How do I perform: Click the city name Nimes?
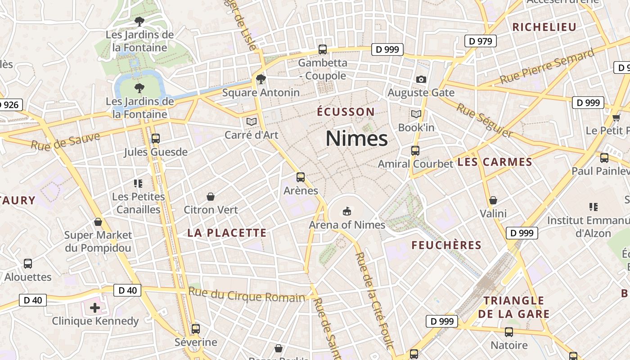click(356, 138)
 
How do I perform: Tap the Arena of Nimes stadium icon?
click(347, 211)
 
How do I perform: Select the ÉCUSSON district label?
click(346, 112)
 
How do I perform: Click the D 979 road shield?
click(480, 41)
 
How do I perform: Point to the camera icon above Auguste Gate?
click(421, 80)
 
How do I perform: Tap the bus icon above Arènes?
click(301, 177)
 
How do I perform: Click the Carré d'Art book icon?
click(251, 121)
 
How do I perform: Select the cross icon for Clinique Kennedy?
click(94, 308)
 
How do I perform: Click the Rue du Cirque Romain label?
click(247, 295)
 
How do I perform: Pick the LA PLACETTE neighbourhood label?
click(227, 233)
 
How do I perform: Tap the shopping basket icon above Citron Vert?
click(210, 197)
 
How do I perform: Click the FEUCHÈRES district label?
click(446, 245)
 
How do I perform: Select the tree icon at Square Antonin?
click(261, 80)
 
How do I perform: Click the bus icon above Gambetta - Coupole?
click(322, 49)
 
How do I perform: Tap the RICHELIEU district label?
click(544, 27)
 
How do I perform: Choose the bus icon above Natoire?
click(508, 332)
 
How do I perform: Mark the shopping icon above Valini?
click(493, 200)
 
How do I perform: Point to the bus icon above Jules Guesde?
click(155, 139)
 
